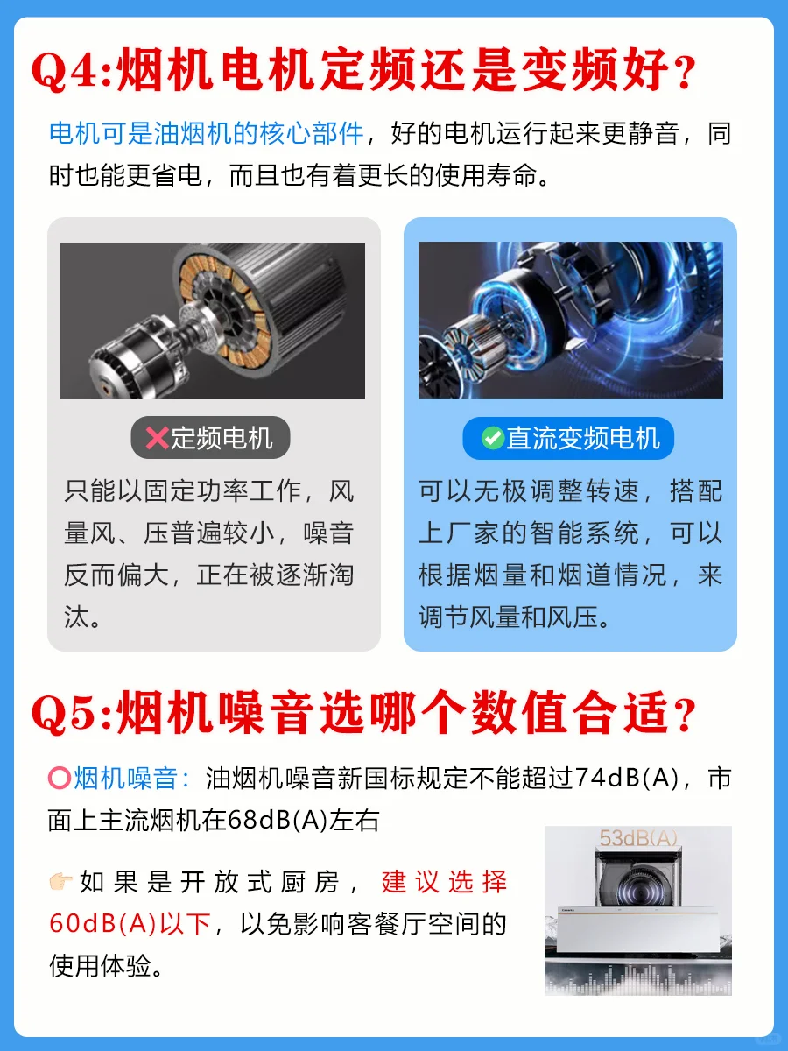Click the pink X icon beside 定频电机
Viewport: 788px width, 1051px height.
click(157, 438)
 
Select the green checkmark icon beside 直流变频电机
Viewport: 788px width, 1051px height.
click(492, 438)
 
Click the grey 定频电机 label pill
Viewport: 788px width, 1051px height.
click(210, 438)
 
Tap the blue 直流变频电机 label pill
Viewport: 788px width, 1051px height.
click(568, 438)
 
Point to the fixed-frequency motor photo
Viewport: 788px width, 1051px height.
click(213, 321)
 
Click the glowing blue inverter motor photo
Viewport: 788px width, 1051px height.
click(571, 320)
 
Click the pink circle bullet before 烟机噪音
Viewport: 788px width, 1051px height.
click(60, 778)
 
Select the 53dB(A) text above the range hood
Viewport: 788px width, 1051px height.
click(638, 838)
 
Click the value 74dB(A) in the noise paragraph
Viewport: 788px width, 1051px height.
click(627, 778)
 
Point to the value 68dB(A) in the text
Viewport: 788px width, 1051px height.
click(278, 821)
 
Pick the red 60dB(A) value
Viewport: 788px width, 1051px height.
click(102, 924)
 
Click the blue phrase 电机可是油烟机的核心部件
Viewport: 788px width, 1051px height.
click(207, 132)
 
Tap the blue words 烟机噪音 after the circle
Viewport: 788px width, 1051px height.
click(126, 778)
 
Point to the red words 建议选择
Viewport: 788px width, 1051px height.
click(445, 881)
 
